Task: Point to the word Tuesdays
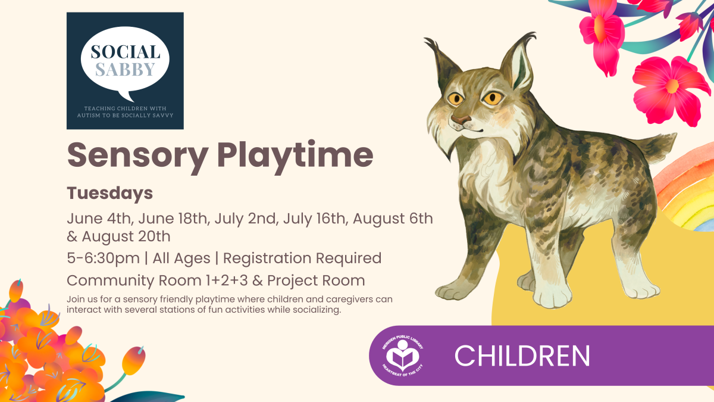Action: click(110, 194)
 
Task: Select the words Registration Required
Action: click(302, 258)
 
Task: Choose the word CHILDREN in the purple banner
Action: click(522, 356)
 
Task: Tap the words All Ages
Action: click(181, 258)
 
